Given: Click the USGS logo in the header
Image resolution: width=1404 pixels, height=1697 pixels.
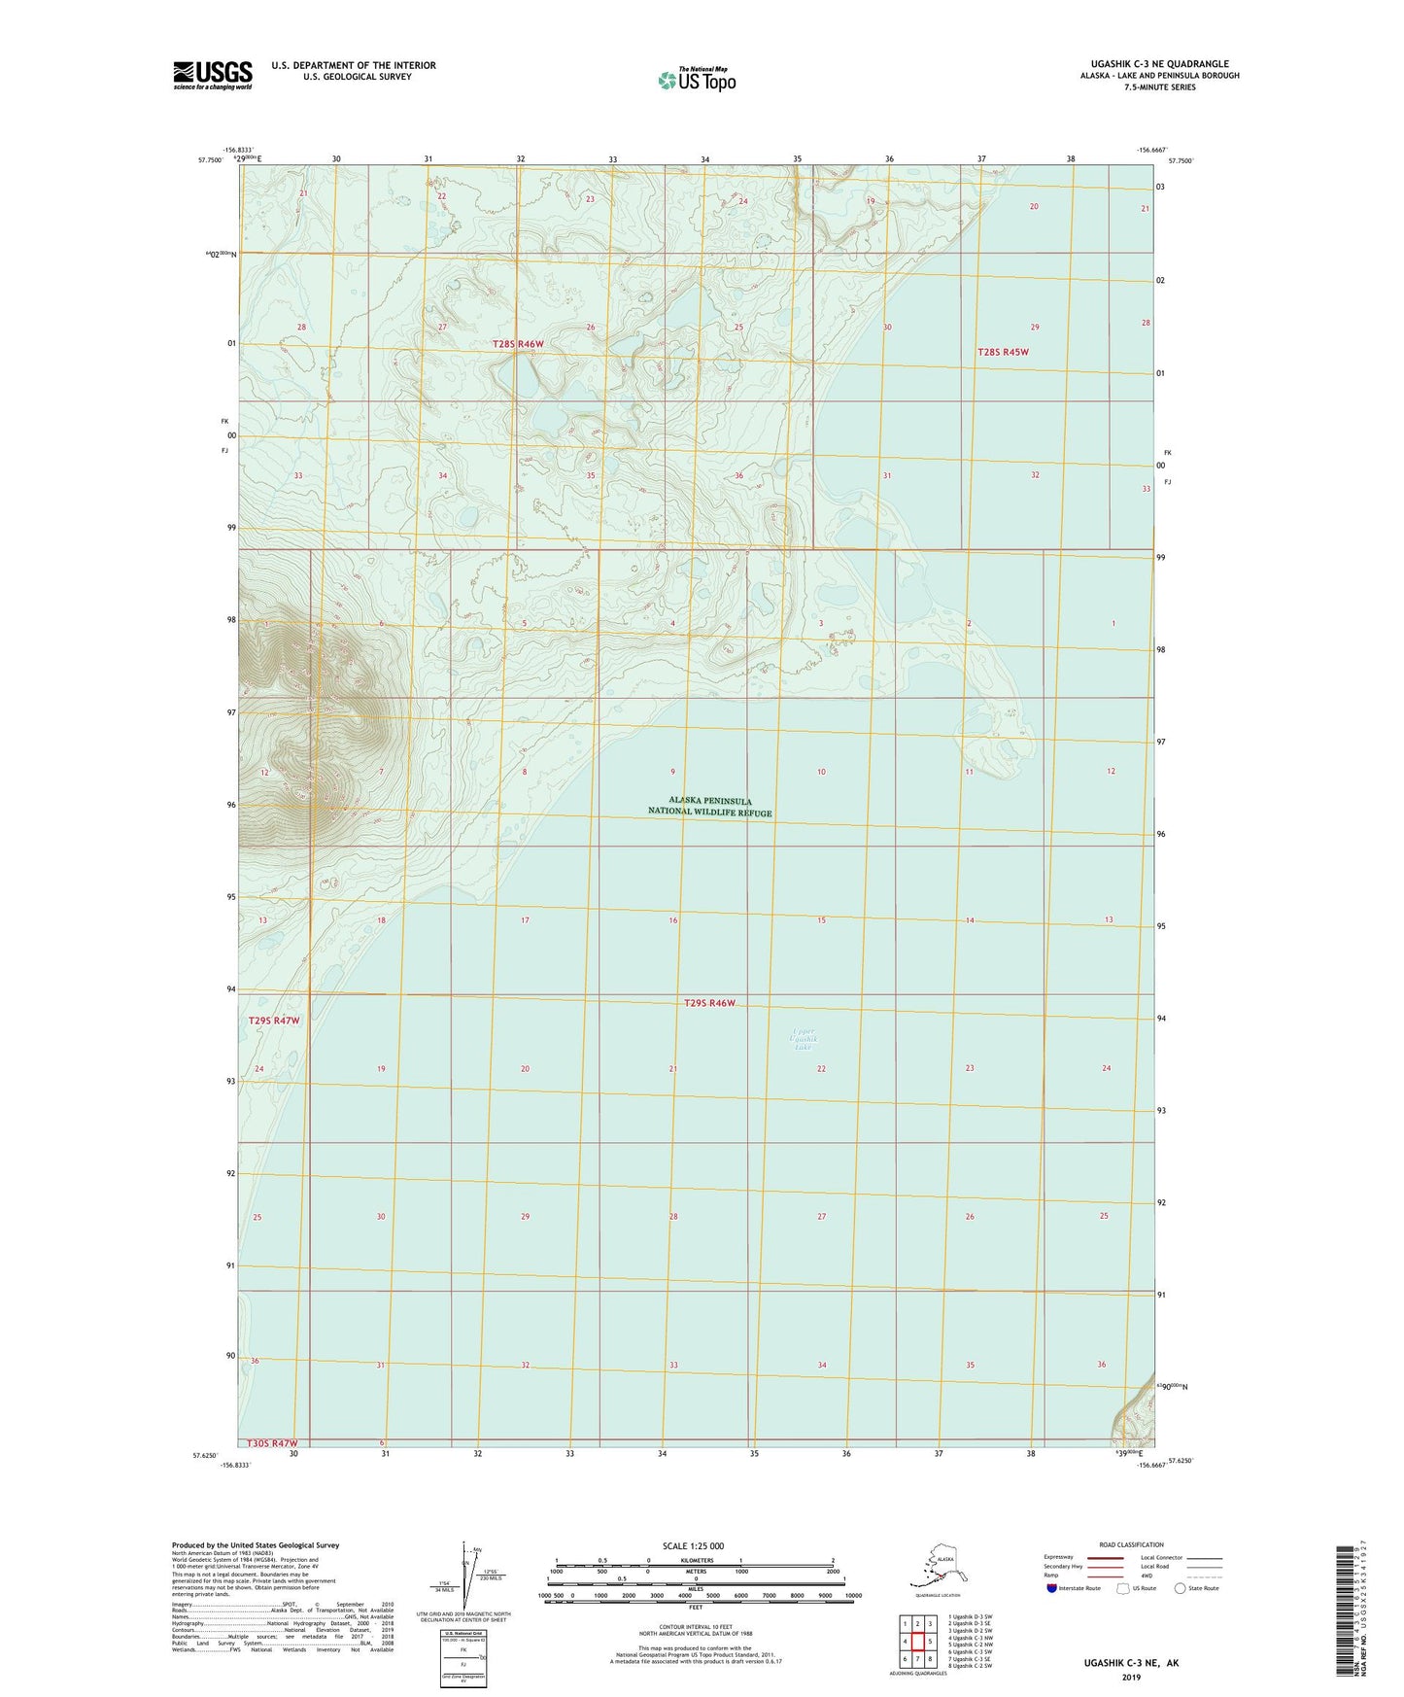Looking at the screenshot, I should click(x=212, y=74).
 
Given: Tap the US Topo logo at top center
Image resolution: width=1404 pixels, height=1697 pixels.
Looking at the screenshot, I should click(x=696, y=80).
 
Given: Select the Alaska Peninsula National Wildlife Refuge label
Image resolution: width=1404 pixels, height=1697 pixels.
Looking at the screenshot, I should click(x=709, y=807).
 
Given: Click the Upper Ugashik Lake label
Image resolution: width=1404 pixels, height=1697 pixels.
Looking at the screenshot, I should click(x=804, y=1039).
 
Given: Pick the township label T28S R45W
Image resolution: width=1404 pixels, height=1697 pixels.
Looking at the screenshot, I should click(x=1003, y=352).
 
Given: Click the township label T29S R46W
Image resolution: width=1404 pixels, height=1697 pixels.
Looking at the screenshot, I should click(x=709, y=1002).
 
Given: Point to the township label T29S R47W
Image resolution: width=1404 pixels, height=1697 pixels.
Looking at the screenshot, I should click(x=274, y=1021).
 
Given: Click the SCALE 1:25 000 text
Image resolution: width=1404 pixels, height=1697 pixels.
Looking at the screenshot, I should click(x=693, y=1545).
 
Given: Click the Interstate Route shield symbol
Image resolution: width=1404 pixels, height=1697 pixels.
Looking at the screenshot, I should click(x=1051, y=1588).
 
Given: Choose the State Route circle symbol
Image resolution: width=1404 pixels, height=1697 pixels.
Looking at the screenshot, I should click(x=1180, y=1588).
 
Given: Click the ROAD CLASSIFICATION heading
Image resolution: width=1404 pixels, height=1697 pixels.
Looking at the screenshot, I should click(x=1131, y=1544).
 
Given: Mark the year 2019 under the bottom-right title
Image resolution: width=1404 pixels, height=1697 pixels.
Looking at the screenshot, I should click(x=1131, y=1677).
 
